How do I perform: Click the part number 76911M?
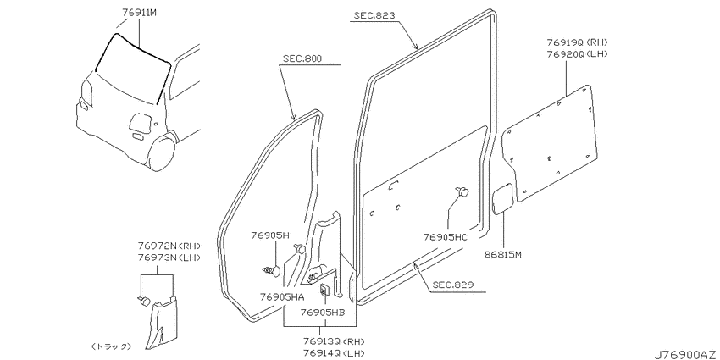tap(140, 13)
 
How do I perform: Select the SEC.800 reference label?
tap(302, 58)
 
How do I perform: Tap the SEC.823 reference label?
tap(374, 15)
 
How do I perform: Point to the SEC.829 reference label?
tap(454, 285)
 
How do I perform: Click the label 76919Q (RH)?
tap(577, 42)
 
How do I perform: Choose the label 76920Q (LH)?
tap(577, 53)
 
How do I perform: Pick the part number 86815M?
tap(504, 254)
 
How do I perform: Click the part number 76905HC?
tap(446, 237)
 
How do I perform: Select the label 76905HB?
tap(323, 313)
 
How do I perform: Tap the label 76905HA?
tap(282, 297)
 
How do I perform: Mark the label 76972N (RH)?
tap(169, 246)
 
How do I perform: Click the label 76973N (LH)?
tap(169, 258)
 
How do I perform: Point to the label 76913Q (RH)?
tap(334, 342)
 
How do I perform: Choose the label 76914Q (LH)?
tap(334, 353)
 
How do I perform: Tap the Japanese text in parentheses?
tap(111, 346)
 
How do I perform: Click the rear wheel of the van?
tap(161, 152)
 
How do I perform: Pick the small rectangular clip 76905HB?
tap(324, 290)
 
